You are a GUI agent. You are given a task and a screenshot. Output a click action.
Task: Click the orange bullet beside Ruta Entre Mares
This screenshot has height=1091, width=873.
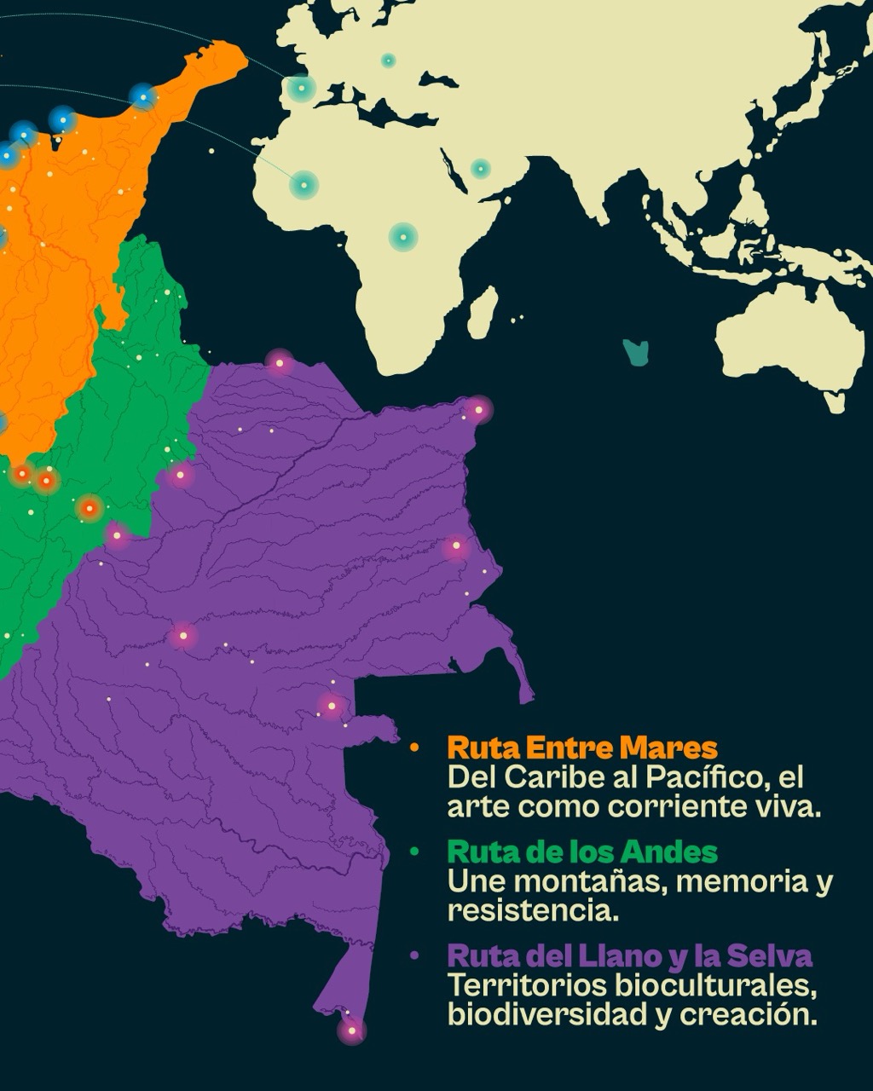[414, 748]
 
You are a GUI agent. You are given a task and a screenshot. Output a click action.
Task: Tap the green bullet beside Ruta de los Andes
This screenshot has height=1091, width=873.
[414, 851]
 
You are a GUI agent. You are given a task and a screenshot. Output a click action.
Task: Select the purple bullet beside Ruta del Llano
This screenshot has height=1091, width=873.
[414, 955]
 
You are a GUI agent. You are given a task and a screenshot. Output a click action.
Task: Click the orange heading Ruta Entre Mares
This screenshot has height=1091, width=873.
[582, 748]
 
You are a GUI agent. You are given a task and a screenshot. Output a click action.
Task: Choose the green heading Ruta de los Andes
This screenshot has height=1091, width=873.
[582, 851]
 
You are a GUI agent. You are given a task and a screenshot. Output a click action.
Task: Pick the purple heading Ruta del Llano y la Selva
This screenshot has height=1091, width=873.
[629, 955]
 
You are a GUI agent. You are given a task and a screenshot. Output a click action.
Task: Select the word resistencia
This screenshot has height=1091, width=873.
[530, 910]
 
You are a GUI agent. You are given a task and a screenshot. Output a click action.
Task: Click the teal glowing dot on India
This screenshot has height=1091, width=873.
[481, 168]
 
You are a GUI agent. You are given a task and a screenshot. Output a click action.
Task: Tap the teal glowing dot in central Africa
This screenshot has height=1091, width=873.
[402, 236]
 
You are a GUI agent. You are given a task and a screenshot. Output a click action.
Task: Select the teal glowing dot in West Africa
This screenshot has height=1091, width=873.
[303, 184]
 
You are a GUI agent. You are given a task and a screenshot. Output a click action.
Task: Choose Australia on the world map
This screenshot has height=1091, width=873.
[789, 341]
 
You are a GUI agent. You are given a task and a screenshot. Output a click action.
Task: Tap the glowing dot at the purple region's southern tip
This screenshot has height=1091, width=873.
[351, 1030]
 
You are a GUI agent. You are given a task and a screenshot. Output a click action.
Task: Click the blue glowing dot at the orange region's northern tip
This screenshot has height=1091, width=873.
[143, 96]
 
